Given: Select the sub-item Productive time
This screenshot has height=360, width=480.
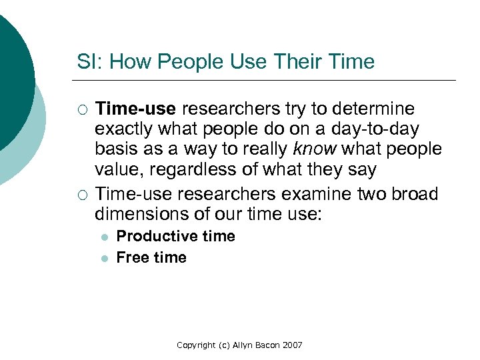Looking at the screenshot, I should (176, 236).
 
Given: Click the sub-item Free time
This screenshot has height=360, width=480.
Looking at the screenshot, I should (151, 257).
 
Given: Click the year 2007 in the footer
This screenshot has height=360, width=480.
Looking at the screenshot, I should (292, 345).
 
